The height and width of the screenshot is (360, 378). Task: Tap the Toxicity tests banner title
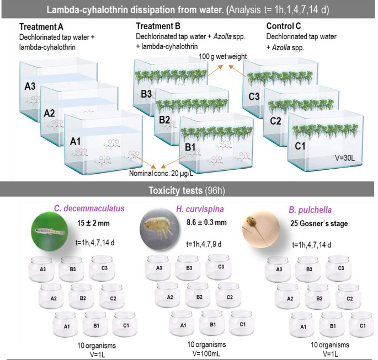click(188, 191)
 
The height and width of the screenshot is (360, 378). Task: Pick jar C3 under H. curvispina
click(220, 268)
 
